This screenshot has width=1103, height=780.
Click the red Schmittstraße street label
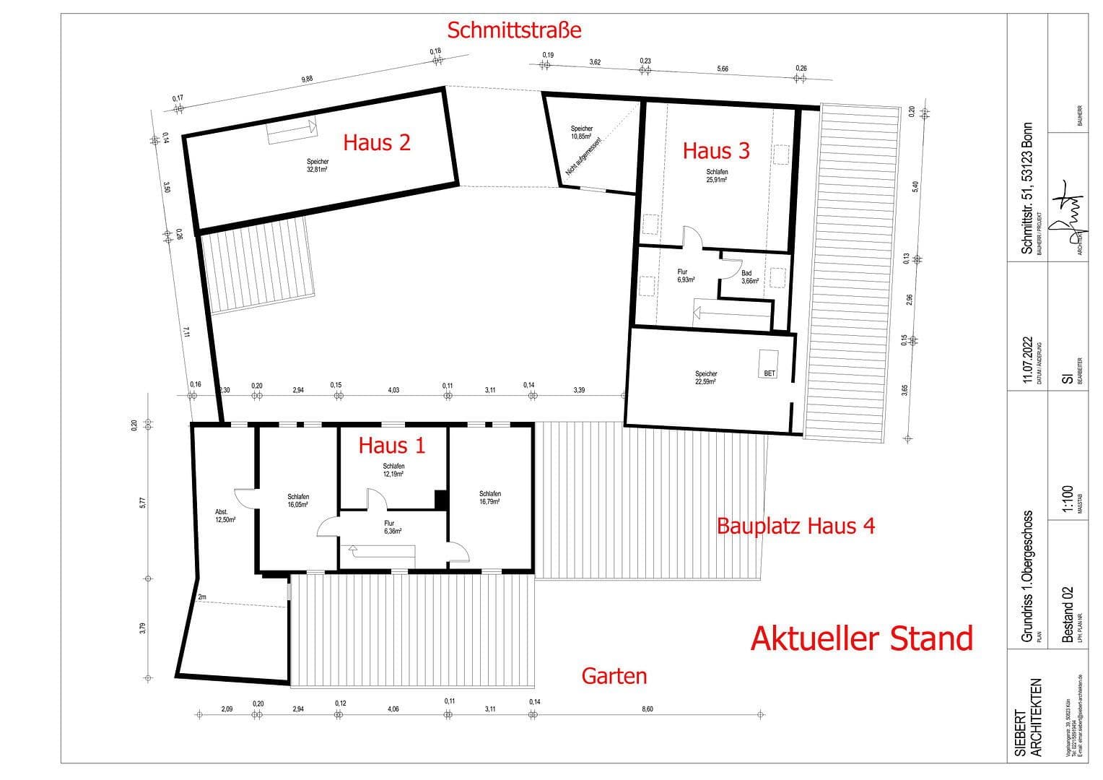[x=514, y=30]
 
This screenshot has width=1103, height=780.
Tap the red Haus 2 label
[x=376, y=142]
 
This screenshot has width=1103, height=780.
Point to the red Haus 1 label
[x=392, y=446]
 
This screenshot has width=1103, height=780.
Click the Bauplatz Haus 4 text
[x=795, y=526]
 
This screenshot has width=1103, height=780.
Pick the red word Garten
[x=614, y=676]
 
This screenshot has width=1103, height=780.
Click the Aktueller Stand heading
[x=862, y=638]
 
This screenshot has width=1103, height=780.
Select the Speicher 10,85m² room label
[x=581, y=133]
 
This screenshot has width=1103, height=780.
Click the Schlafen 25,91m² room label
[x=717, y=175]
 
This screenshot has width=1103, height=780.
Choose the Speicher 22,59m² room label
[x=706, y=378]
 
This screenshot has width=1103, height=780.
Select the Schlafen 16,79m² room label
[x=489, y=498]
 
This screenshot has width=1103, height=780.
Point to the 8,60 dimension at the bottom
[x=647, y=709]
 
